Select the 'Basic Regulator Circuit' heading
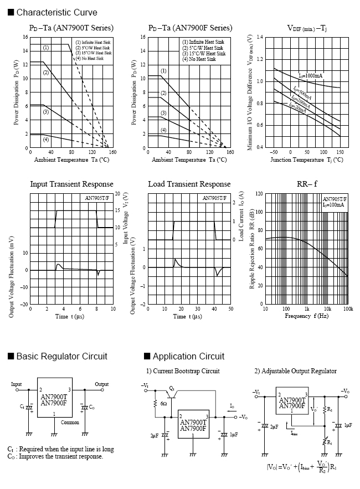pyautogui.click(x=61, y=356)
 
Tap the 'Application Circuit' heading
pyautogui.click(x=188, y=356)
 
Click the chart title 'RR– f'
pyautogui.click(x=308, y=184)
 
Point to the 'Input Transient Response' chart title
pyautogui.click(x=71, y=184)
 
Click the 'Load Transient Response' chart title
pyautogui.click(x=189, y=184)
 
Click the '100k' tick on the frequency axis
pyautogui.click(x=347, y=309)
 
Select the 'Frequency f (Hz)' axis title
pyautogui.click(x=307, y=316)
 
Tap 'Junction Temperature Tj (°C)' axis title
pyautogui.click(x=307, y=159)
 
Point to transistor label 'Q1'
pyautogui.click(x=172, y=388)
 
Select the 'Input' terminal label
pyautogui.click(x=16, y=384)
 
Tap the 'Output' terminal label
pyautogui.click(x=101, y=384)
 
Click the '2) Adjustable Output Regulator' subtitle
pyautogui.click(x=295, y=371)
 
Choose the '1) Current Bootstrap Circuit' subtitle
pyautogui.click(x=183, y=371)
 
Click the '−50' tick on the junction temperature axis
pyautogui.click(x=273, y=152)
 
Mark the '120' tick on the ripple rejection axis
pyautogui.click(x=259, y=194)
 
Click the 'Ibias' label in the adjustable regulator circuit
pyautogui.click(x=297, y=434)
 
